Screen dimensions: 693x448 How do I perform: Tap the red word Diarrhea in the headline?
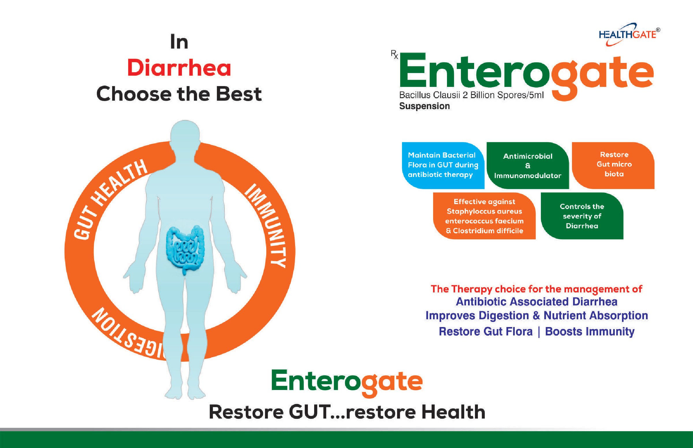(x=179, y=68)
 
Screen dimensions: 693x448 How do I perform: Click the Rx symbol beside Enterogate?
(x=394, y=54)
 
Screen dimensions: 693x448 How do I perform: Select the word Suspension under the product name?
(x=424, y=106)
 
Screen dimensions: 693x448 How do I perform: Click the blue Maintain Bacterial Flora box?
(x=443, y=165)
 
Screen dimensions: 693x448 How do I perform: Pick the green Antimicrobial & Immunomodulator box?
(x=528, y=165)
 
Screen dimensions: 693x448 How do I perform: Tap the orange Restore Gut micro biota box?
(x=613, y=165)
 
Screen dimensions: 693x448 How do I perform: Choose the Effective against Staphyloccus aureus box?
(x=485, y=216)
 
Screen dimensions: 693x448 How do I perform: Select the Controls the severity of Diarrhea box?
(x=582, y=216)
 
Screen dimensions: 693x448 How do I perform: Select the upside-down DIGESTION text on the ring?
(x=128, y=335)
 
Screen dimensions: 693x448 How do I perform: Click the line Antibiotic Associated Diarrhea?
(x=536, y=302)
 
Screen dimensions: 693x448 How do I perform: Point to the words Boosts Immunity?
(x=590, y=332)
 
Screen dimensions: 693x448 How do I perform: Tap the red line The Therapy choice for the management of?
(x=536, y=289)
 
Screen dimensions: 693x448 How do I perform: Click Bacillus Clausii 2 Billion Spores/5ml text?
(x=471, y=95)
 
